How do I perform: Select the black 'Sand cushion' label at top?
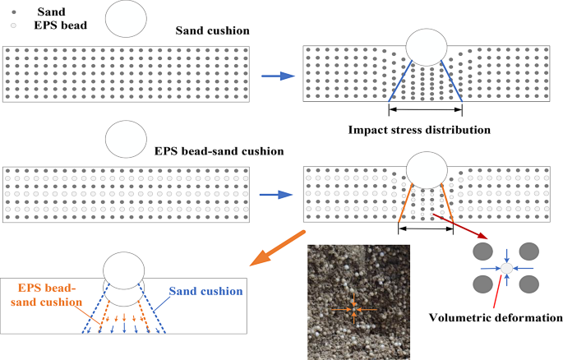[x=212, y=30]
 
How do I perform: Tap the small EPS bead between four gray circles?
[x=507, y=268]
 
